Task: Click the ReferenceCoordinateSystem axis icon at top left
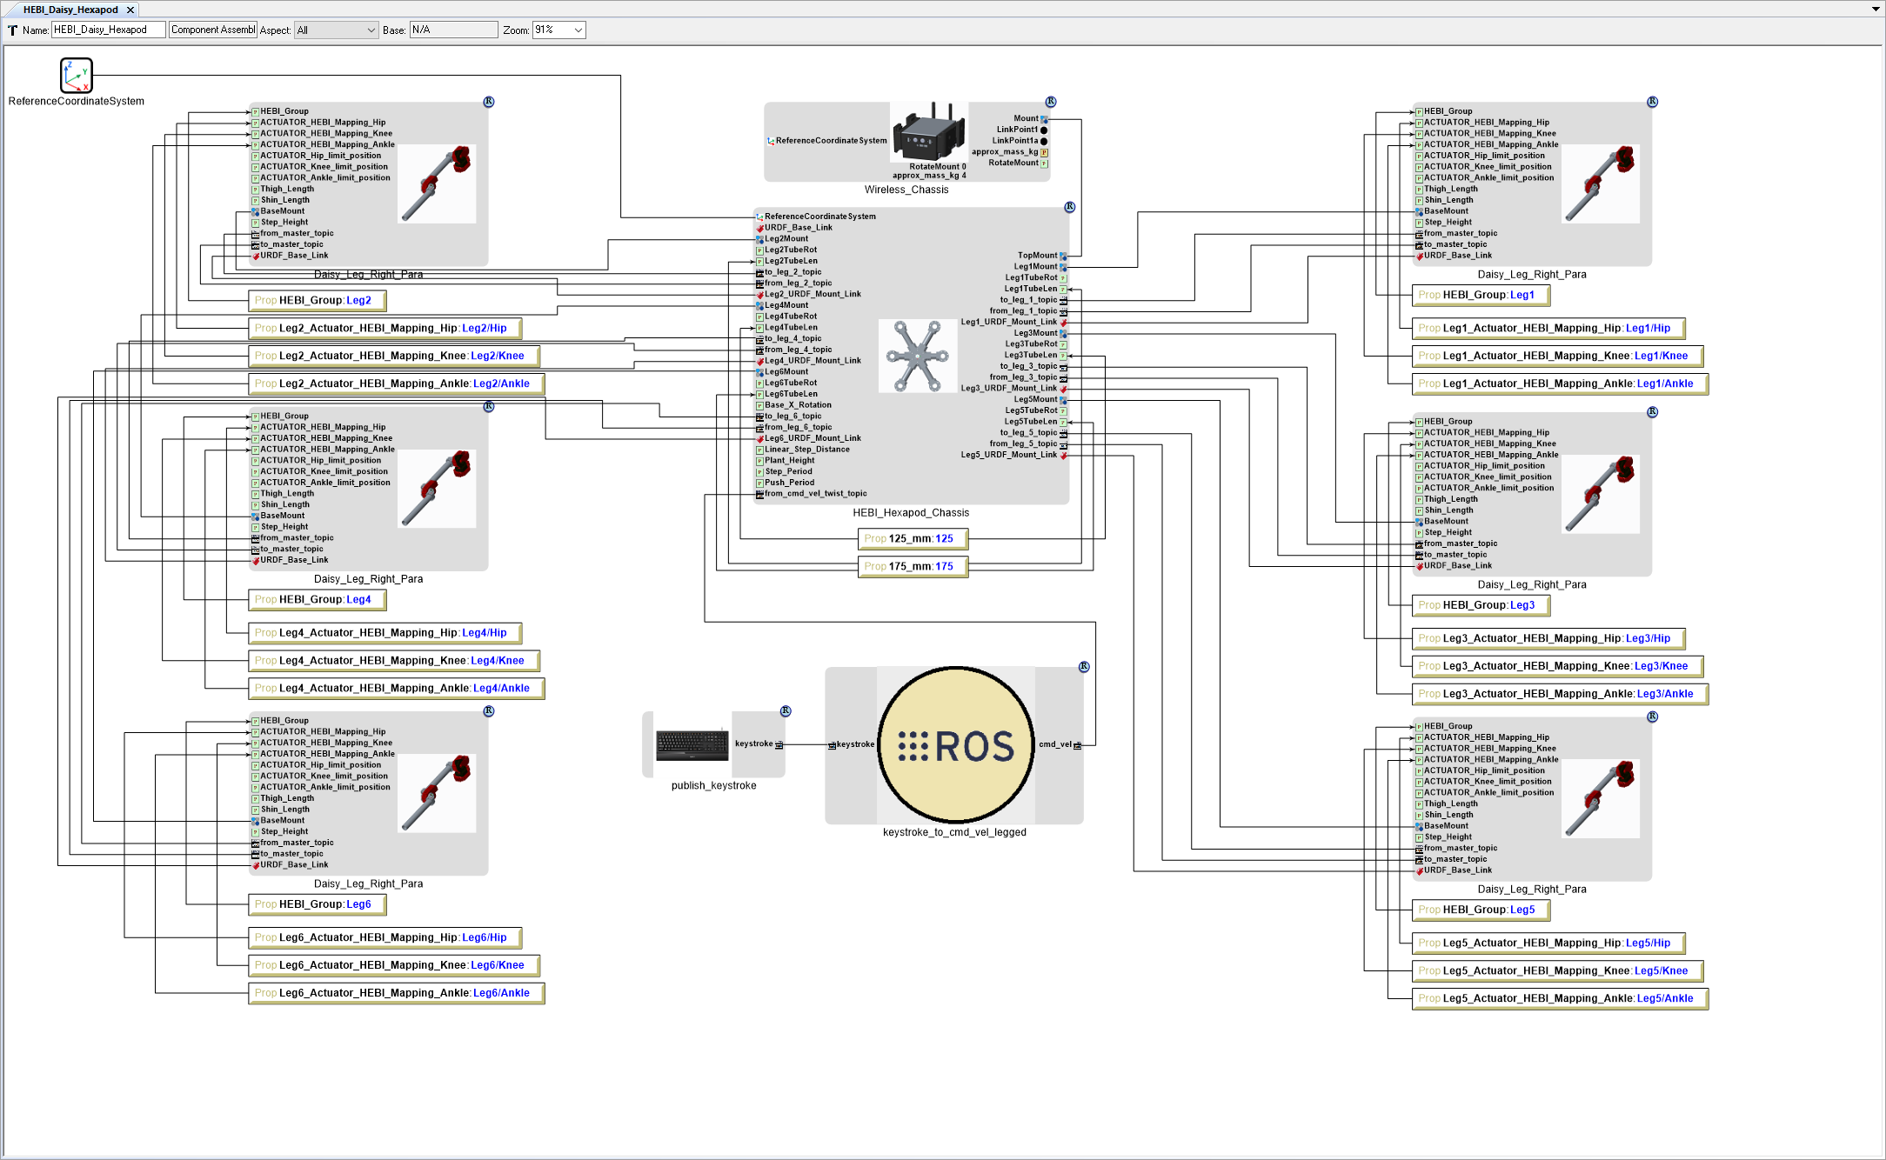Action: (x=77, y=76)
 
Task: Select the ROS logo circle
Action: (x=956, y=744)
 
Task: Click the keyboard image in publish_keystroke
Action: (x=692, y=744)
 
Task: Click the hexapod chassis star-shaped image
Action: (x=917, y=356)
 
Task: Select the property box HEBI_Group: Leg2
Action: (x=317, y=301)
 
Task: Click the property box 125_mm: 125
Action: (x=913, y=539)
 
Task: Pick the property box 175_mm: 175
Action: (x=913, y=567)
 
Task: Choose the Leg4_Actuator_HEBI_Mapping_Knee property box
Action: (x=393, y=661)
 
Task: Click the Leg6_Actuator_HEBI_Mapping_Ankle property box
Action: (x=396, y=993)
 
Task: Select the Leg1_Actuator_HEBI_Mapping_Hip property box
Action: (x=1548, y=329)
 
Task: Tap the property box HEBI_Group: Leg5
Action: (x=1481, y=910)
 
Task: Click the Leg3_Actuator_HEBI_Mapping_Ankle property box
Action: (x=1559, y=694)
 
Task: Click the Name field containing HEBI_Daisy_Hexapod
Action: (x=108, y=30)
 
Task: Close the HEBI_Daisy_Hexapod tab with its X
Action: (x=130, y=10)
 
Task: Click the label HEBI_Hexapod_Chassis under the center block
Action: (x=910, y=513)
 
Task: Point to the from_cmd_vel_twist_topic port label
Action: (x=815, y=494)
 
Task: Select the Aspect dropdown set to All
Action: (x=336, y=30)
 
